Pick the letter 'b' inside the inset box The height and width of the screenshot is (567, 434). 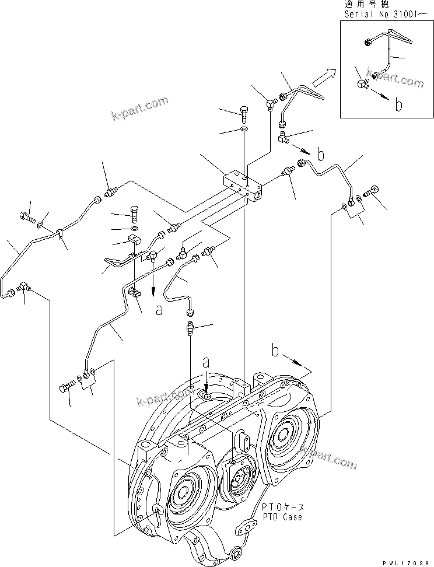(399, 105)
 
